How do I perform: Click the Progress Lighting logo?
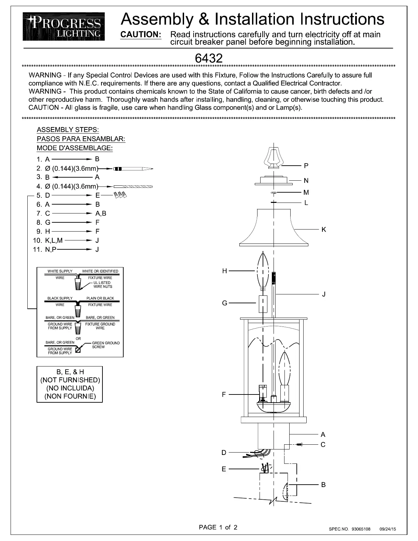click(64, 27)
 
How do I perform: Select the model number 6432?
click(209, 58)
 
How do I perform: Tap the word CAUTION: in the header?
click(141, 35)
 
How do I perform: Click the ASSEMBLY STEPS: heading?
click(68, 130)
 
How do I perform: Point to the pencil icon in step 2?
click(133, 169)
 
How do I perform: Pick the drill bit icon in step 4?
click(133, 186)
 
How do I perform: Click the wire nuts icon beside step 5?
click(121, 195)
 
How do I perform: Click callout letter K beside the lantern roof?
click(324, 230)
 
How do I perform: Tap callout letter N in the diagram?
click(306, 181)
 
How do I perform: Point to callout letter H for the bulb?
click(224, 271)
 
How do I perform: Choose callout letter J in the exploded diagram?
click(324, 294)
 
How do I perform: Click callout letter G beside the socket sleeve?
click(224, 303)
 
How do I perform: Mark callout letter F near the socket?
click(224, 394)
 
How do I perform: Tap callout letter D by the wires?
click(224, 453)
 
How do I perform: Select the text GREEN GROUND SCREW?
click(106, 345)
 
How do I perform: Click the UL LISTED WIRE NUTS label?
click(102, 285)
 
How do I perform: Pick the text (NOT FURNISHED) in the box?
click(70, 380)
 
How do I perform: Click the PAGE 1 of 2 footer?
click(218, 527)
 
